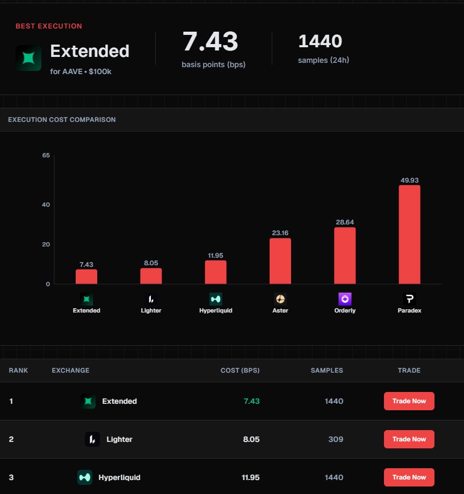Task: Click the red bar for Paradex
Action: coord(409,235)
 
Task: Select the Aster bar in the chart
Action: coord(280,261)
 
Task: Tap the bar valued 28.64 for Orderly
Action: coord(345,256)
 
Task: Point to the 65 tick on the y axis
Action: coord(46,156)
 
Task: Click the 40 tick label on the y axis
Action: coord(46,205)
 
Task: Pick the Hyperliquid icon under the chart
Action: coord(215,299)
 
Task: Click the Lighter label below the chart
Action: coord(151,310)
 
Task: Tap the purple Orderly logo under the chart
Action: coord(345,299)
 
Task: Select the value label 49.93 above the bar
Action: coord(409,180)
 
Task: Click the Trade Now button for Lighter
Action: coord(409,439)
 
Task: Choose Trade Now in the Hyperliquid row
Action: coord(409,477)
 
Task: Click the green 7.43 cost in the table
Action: coord(251,401)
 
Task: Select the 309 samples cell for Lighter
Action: coord(335,439)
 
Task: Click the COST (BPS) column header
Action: coord(240,370)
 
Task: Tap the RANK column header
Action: coord(18,370)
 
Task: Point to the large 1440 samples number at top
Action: coord(320,41)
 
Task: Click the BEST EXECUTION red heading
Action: coord(49,26)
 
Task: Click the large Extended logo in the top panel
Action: coord(28,58)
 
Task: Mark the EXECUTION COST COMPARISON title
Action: coord(62,120)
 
